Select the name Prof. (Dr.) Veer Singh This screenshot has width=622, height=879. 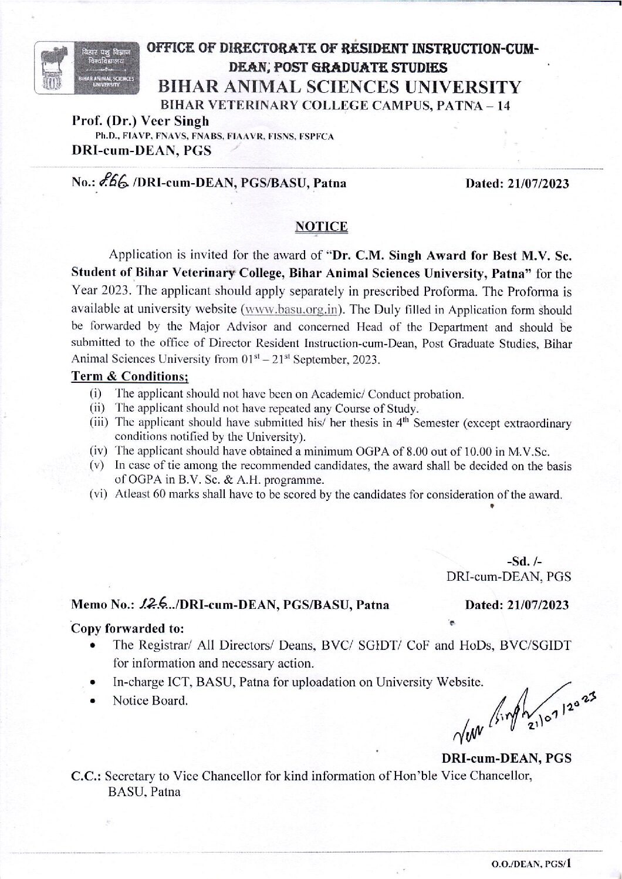coord(140,122)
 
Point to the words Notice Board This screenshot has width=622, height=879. coord(150,700)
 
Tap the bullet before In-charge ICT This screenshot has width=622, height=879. coord(94,683)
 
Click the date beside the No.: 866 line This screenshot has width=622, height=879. coord(516,183)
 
